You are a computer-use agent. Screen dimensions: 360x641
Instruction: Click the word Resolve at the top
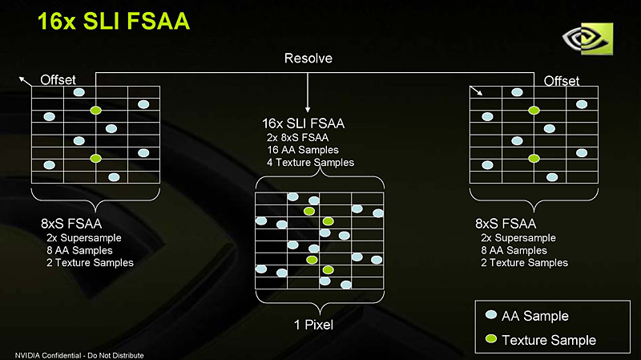tap(308, 59)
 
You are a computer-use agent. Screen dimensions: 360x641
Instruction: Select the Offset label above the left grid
tap(58, 79)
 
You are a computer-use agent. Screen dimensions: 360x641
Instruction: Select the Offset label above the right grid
tap(561, 81)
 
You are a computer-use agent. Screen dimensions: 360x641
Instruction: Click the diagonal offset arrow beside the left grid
tap(26, 78)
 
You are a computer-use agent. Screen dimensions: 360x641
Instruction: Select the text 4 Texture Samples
tap(310, 162)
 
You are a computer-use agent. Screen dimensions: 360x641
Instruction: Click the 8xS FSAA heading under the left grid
tap(71, 224)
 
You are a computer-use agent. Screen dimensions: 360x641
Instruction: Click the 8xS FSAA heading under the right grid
tap(506, 224)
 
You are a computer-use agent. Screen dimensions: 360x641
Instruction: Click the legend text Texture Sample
tap(549, 340)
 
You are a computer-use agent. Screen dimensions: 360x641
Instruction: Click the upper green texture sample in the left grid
tap(96, 110)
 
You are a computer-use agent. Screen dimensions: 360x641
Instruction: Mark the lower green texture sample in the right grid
tap(534, 159)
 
